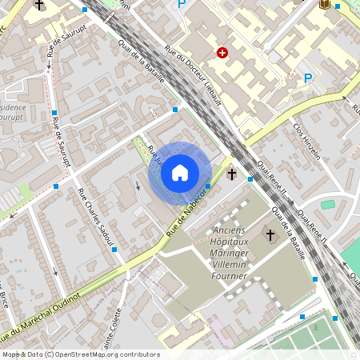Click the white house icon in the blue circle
180,172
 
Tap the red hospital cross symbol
222,53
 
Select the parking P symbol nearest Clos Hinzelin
308,78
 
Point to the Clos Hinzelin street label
306,141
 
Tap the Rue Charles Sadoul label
97,216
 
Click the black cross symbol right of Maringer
270,235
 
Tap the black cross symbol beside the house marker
232,174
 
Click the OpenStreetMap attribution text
80,354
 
